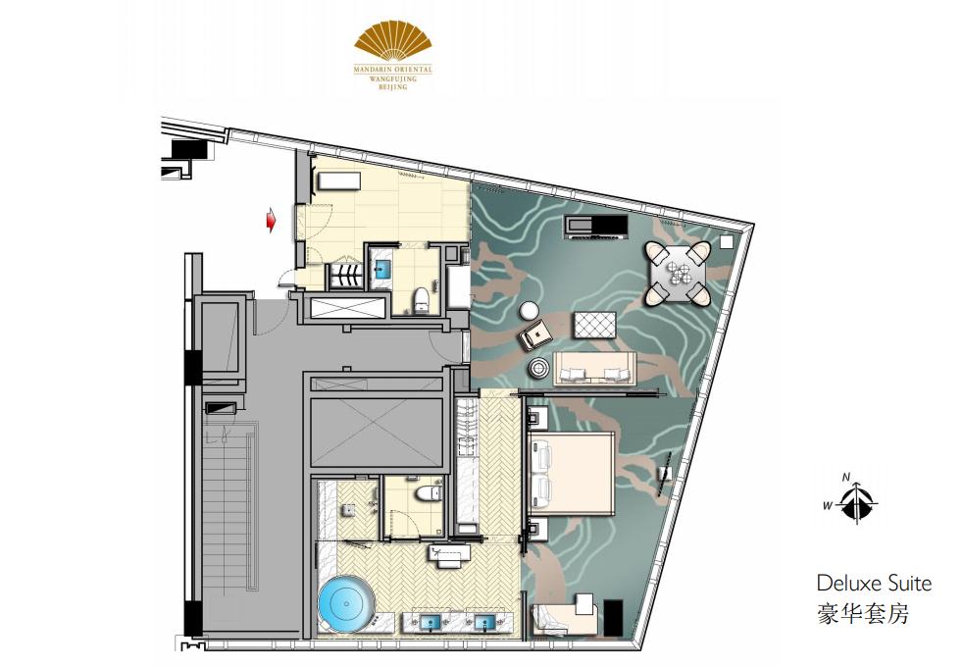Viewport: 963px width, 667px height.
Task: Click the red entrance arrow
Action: click(x=271, y=221)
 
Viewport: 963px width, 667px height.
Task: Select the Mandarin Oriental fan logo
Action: click(x=393, y=42)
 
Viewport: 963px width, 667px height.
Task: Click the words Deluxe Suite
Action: click(x=874, y=584)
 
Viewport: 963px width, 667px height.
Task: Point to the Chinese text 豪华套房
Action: click(x=862, y=614)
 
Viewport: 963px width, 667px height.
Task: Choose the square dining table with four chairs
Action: click(x=678, y=274)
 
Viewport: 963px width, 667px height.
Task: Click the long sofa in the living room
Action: click(x=595, y=369)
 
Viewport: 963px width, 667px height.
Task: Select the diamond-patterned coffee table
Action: click(x=594, y=325)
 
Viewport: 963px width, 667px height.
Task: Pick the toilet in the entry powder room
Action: click(x=421, y=300)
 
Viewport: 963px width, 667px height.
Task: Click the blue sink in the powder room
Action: click(x=382, y=268)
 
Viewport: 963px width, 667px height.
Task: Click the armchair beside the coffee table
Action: click(x=534, y=334)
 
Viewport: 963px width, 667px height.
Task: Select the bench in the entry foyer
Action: click(x=337, y=181)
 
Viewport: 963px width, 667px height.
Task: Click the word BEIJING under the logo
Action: click(x=392, y=88)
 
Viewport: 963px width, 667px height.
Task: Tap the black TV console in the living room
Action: click(x=597, y=227)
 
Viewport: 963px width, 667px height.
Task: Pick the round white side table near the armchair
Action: click(x=528, y=311)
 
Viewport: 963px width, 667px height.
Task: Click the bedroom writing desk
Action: click(x=566, y=616)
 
